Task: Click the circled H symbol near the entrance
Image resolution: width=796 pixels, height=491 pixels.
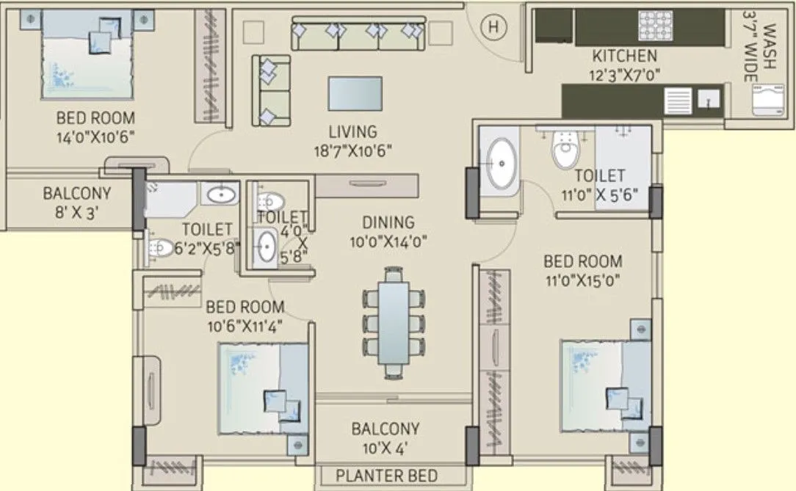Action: pos(495,27)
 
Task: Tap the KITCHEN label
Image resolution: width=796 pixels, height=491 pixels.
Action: pos(624,56)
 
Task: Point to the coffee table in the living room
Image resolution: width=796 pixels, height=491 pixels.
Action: pos(355,93)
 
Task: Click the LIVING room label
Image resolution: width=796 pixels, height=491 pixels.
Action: pos(352,132)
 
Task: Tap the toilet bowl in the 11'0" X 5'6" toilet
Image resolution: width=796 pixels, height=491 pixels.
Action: pos(565,150)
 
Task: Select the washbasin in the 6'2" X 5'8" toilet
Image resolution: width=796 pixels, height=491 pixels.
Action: pos(219,195)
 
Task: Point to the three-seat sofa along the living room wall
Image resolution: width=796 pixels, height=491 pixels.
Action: pos(359,33)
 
